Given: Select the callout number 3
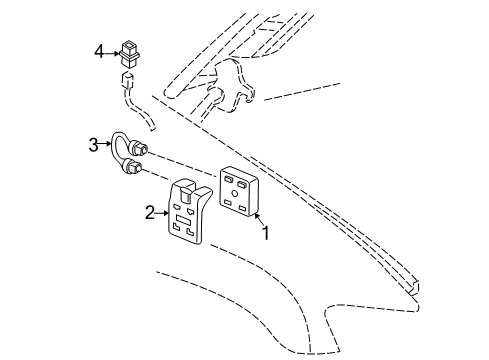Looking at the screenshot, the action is (93, 145).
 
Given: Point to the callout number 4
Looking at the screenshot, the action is (99, 49).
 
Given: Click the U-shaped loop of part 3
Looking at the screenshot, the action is (119, 148).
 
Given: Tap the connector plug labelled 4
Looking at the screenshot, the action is (128, 50).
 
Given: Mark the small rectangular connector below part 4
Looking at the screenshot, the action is (126, 79).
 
